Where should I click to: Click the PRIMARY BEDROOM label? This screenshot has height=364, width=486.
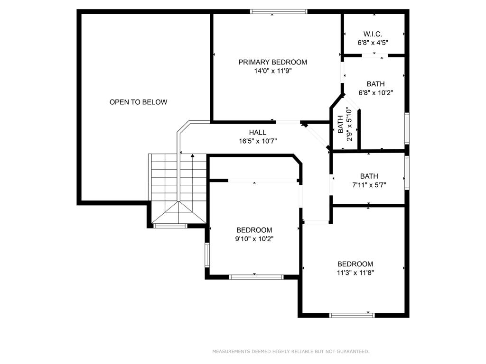(x=272, y=62)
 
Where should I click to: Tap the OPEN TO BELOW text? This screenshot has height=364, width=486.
(x=138, y=102)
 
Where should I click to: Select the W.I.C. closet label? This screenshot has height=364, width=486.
(x=373, y=34)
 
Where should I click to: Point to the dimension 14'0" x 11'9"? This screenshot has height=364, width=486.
(x=272, y=71)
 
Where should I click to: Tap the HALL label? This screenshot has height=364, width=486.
(x=257, y=132)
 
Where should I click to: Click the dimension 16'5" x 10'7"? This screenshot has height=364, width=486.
(x=257, y=141)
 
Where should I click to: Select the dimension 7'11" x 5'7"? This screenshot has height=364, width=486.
(x=369, y=185)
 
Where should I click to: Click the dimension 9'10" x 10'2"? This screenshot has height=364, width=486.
(x=254, y=239)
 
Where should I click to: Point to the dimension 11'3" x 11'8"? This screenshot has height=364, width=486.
(x=355, y=273)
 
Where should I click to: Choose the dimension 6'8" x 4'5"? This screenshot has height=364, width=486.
(x=373, y=42)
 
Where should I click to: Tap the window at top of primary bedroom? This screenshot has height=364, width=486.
(x=279, y=11)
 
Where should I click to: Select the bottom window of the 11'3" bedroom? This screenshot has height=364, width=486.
(x=352, y=315)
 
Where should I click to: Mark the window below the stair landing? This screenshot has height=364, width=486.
(x=170, y=226)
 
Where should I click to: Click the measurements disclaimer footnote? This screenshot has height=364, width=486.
(x=290, y=351)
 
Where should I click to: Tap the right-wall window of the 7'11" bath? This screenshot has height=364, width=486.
(x=406, y=173)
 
